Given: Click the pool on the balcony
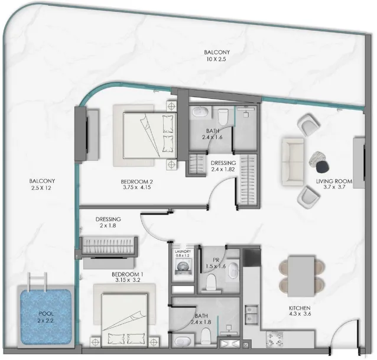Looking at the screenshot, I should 46,319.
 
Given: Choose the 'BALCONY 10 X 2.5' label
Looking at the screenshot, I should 213,56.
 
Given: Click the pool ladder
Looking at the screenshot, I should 36,281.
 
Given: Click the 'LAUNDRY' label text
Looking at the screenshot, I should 183,252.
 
